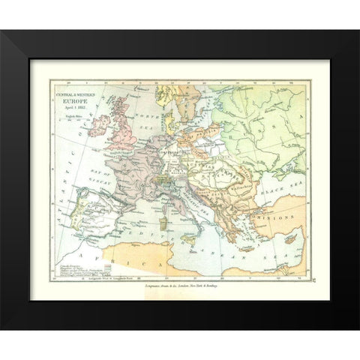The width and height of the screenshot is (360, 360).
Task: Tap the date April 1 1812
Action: click(68, 104)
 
